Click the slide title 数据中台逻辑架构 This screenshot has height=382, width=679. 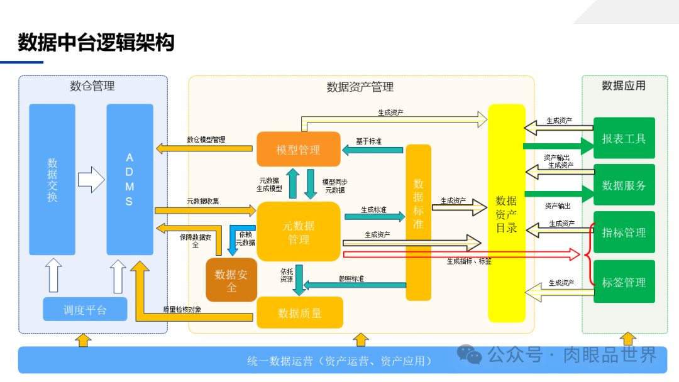pos(96,42)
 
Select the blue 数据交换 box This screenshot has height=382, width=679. pos(52,179)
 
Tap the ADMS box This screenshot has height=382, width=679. pos(130,179)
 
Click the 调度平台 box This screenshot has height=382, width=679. pos(85,310)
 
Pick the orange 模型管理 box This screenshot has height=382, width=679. pos(298,150)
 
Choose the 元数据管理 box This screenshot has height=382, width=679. pos(298,232)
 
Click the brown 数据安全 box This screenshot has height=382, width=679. pos(231,280)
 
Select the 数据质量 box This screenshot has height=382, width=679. pos(299,312)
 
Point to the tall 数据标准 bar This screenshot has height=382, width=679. pos(418,222)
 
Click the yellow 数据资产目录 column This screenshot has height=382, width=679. pos(506,213)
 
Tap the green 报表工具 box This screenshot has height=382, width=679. pos(624,138)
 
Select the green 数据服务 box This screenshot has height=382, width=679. pos(624,185)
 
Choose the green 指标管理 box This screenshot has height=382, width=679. pos(624,232)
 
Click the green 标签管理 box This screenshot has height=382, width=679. pos(624,282)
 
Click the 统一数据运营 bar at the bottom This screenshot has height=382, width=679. pos(339,361)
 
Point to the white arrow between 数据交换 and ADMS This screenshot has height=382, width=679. pos(91,179)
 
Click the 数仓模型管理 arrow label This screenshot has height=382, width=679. pos(206,139)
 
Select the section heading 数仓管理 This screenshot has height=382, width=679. pos(92,86)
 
